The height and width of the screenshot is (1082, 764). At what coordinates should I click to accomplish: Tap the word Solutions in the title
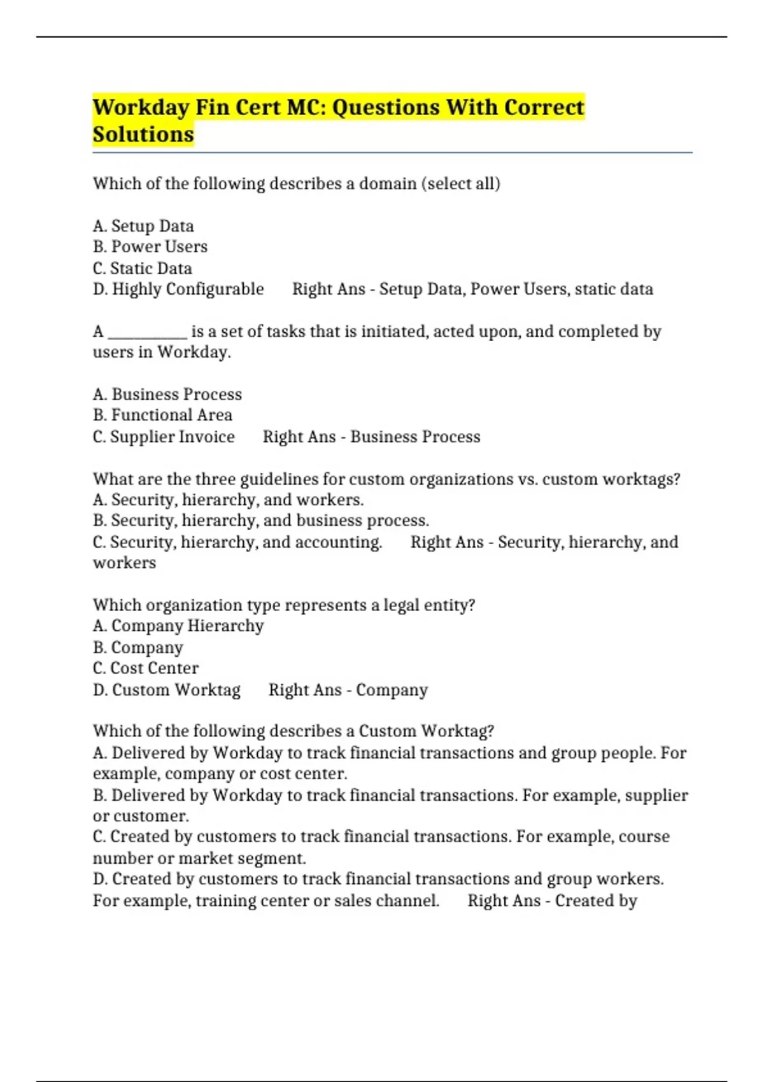[x=143, y=134]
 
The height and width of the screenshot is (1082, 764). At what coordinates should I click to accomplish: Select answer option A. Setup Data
[x=143, y=226]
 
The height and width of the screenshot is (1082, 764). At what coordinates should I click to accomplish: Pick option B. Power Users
[x=150, y=247]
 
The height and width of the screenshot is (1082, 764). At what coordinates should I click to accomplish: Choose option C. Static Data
[x=142, y=268]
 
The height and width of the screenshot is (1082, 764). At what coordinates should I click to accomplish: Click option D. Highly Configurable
[x=178, y=289]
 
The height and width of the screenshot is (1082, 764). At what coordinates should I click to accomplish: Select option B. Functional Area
[x=162, y=415]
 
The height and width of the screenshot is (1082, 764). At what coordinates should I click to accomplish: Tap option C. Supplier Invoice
[x=164, y=437]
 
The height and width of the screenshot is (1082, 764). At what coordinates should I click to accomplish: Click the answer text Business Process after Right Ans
[x=415, y=437]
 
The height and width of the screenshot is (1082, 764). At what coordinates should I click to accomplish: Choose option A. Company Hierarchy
[x=178, y=626]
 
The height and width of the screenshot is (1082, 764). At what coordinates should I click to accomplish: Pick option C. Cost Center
[x=146, y=668]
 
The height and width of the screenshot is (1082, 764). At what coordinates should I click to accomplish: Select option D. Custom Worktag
[x=167, y=690]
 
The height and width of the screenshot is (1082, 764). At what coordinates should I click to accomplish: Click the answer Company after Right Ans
[x=392, y=690]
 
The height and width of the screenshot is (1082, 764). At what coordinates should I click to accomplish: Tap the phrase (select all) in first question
[x=463, y=184]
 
